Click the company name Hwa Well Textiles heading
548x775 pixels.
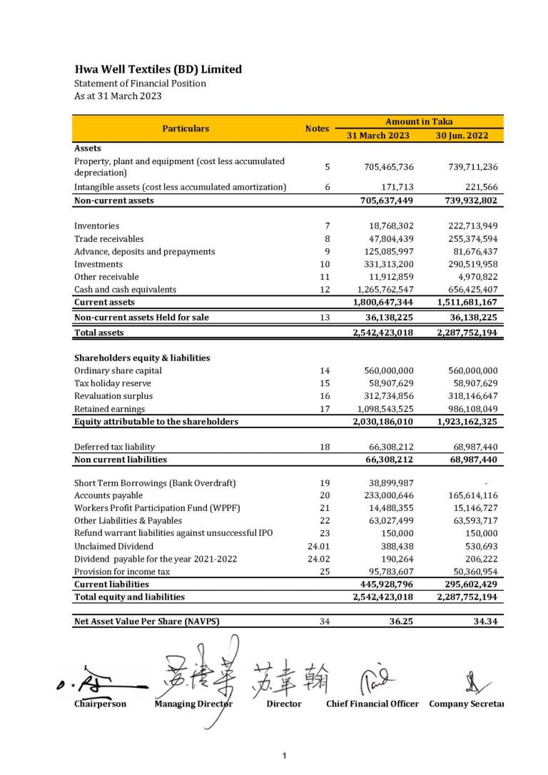tap(158, 69)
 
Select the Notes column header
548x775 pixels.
tap(317, 128)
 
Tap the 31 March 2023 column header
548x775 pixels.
tap(378, 135)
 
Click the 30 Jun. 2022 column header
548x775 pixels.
tap(467, 135)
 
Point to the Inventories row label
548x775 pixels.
tap(96, 226)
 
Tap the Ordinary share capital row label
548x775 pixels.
tap(118, 371)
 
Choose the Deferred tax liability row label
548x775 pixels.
tap(114, 447)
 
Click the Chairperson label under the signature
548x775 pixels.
tap(100, 704)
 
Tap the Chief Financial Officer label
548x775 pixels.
tap(372, 704)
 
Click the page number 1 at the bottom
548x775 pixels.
tap(284, 756)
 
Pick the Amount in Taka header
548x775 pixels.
tap(419, 122)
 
